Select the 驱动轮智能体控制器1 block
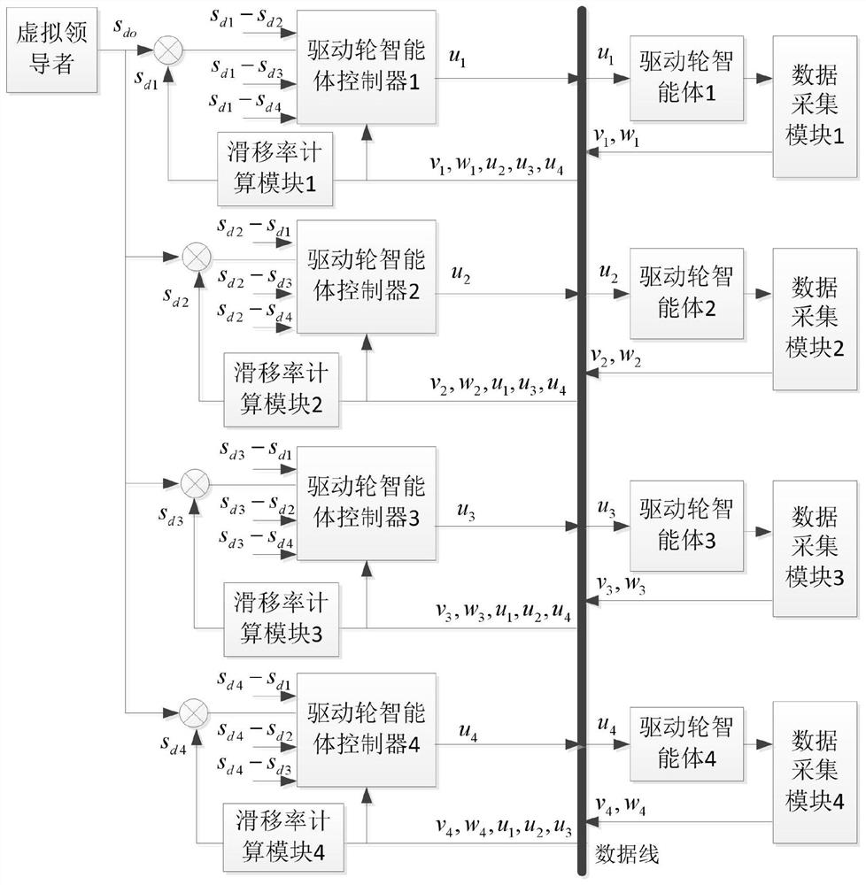[x=367, y=66]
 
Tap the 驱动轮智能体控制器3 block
[x=367, y=504]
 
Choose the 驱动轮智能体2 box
[x=686, y=289]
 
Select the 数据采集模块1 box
[x=815, y=109]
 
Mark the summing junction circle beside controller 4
[x=194, y=711]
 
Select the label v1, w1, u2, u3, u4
[x=495, y=167]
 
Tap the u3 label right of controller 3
[x=466, y=512]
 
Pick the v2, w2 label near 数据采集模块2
[x=618, y=356]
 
